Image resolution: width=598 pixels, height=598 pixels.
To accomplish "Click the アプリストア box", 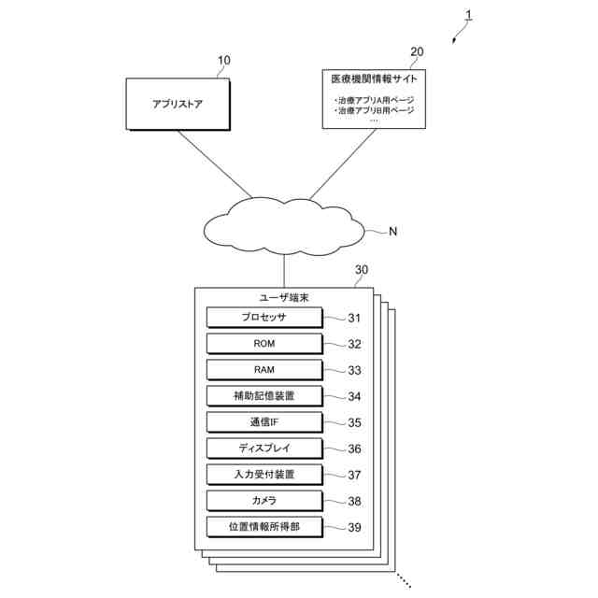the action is coord(178,104).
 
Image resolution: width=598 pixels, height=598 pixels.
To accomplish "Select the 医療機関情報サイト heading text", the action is coord(374,78).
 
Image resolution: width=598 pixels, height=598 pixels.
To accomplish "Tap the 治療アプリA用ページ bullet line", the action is coord(374,100).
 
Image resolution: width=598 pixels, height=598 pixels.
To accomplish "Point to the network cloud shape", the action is coord(284,226).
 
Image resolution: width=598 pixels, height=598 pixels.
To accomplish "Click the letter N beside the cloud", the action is coord(392,232).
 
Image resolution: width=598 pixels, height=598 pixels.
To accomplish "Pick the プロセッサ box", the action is coord(264,318).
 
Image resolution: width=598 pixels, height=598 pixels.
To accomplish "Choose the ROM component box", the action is coord(264,344).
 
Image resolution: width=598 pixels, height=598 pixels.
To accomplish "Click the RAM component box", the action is coord(264,370).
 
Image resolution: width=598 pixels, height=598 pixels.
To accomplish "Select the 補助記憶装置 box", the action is coord(264,396).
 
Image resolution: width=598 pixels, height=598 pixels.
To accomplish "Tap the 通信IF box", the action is coord(264,422).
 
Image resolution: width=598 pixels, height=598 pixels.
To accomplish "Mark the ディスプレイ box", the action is coord(264,448).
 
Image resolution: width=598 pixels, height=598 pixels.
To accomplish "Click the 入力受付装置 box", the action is coord(264,475).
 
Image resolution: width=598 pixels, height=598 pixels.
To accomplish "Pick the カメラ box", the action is coord(264,501).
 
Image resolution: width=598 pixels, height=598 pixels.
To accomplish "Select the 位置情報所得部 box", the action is coord(264,527).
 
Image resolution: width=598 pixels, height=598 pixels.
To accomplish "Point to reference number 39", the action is coord(354,527).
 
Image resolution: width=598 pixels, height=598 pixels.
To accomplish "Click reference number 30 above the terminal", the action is coord(362,270).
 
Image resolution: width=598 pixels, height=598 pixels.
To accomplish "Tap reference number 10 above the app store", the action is coord(224,60).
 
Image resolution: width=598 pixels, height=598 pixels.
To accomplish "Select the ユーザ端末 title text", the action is coord(284,298).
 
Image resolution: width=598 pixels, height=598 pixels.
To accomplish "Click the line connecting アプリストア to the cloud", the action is coord(215,164).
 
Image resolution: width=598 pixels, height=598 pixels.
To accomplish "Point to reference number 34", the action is coord(354,396).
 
